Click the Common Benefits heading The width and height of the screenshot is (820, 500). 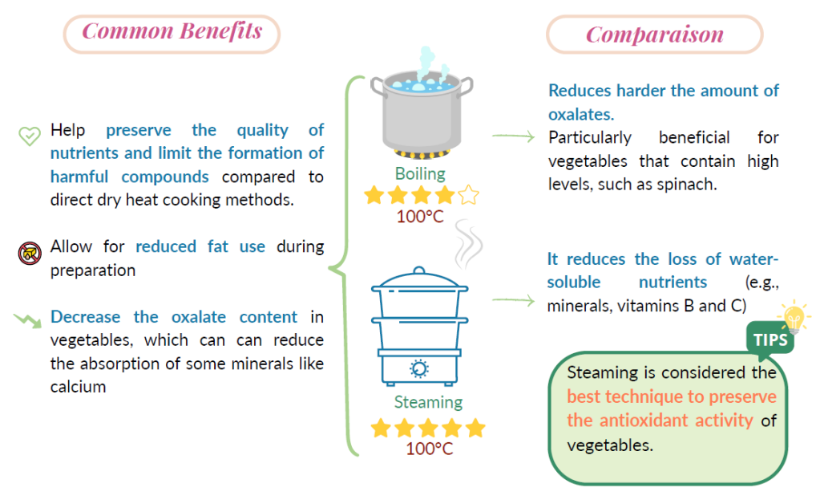click(x=172, y=31)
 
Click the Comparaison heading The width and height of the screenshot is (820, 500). click(x=655, y=35)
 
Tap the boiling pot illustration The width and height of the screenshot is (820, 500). click(x=422, y=104)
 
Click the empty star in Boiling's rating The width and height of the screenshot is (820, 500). click(x=469, y=195)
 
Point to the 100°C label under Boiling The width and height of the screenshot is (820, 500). click(x=420, y=216)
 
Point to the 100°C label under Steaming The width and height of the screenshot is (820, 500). click(x=430, y=449)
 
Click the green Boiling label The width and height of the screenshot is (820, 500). click(x=420, y=174)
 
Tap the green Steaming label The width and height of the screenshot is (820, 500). click(x=428, y=402)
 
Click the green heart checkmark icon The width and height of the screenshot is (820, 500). click(x=30, y=136)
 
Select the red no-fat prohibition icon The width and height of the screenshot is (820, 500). click(x=30, y=254)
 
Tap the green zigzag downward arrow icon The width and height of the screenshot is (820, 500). click(x=28, y=320)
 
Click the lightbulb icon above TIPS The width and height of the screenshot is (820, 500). click(x=794, y=316)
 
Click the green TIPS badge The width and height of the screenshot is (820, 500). click(x=770, y=339)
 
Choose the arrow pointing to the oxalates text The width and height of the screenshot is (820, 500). click(x=514, y=136)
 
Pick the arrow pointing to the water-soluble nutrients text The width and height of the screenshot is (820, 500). click(x=514, y=300)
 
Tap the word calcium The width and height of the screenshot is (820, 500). click(x=78, y=387)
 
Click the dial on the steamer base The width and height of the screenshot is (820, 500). click(x=419, y=368)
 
